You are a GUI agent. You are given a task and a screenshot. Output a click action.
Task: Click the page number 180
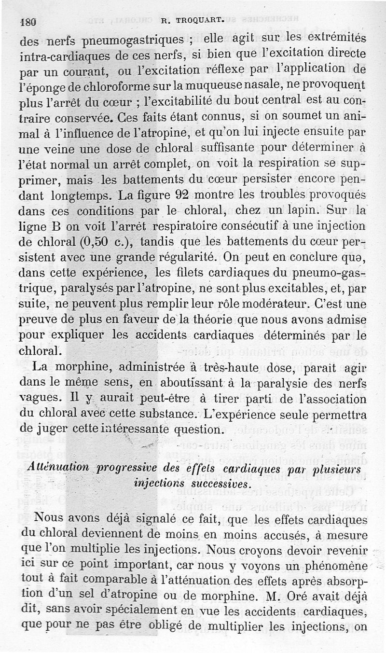click(x=28, y=22)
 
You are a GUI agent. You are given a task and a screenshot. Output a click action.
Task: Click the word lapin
click(x=299, y=210)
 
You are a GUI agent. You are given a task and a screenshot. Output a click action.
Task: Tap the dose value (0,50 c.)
click(x=93, y=242)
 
